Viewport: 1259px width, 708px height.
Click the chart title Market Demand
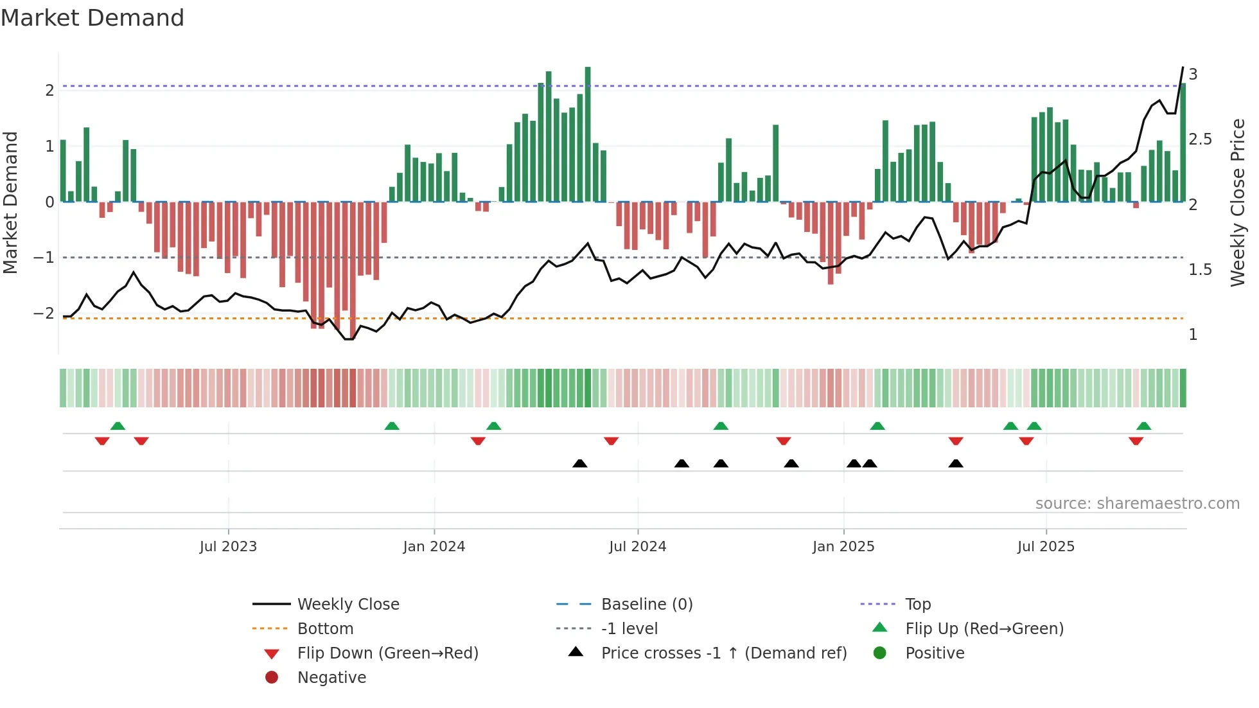click(x=92, y=17)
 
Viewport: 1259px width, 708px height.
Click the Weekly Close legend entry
click(x=348, y=604)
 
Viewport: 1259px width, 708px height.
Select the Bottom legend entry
click(x=325, y=628)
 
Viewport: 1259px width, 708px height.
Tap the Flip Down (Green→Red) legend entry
click(x=387, y=653)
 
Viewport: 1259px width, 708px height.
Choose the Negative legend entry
click(x=331, y=677)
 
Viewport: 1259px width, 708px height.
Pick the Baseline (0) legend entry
click(x=646, y=604)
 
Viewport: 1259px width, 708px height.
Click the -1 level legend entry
click(x=629, y=628)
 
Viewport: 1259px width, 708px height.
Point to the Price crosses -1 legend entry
click(x=723, y=653)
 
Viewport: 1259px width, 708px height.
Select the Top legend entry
click(x=917, y=604)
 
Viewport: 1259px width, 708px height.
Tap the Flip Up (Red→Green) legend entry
click(x=984, y=628)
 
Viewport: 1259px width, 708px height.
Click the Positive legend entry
click(x=935, y=653)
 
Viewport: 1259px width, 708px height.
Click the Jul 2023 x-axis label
click(x=228, y=546)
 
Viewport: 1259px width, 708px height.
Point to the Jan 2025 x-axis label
click(x=843, y=546)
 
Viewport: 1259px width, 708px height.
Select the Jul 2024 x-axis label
click(x=637, y=546)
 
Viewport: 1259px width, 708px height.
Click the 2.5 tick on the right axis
click(x=1200, y=139)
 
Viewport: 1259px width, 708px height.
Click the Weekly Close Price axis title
click(x=1237, y=202)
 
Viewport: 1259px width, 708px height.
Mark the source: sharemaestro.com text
click(x=1137, y=503)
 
